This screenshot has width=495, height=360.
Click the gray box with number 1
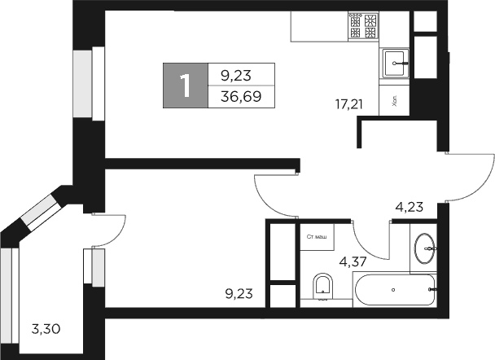[x=186, y=86]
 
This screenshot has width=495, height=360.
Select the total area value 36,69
[x=236, y=96]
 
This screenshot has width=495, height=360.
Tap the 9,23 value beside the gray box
[x=236, y=75]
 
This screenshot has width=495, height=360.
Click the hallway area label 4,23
[x=410, y=207]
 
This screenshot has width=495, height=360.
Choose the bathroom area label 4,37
[x=353, y=262]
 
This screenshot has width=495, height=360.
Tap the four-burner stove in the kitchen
[x=364, y=29]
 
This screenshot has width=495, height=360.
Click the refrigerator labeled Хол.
[x=394, y=102]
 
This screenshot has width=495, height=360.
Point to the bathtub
[x=394, y=289]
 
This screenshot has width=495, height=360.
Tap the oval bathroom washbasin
[x=425, y=248]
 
